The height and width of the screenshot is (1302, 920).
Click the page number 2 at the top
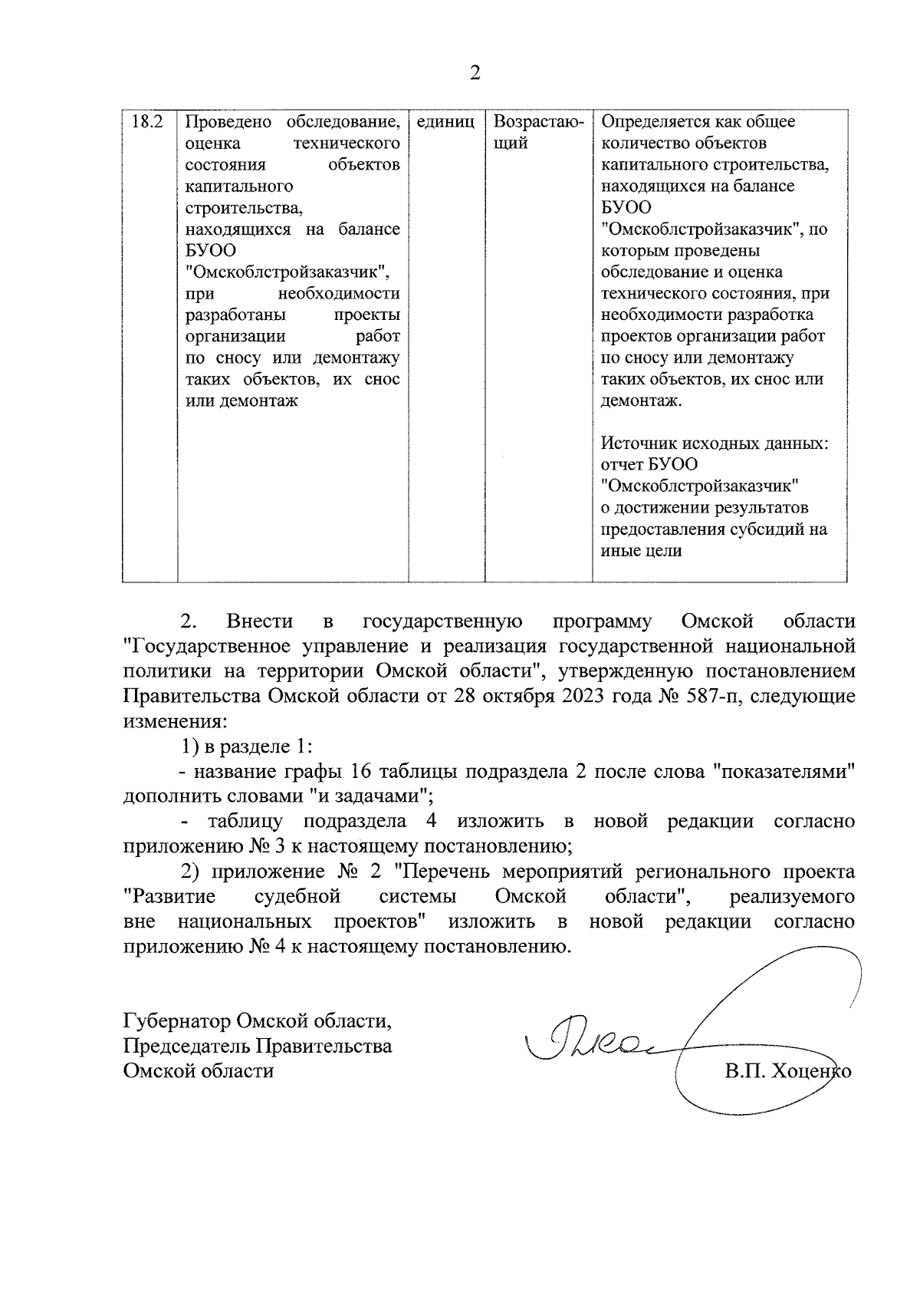[x=475, y=74]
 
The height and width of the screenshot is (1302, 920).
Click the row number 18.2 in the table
[x=149, y=122]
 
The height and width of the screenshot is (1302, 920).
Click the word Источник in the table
[x=635, y=443]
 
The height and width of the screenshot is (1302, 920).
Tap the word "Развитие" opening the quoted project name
[x=169, y=897]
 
